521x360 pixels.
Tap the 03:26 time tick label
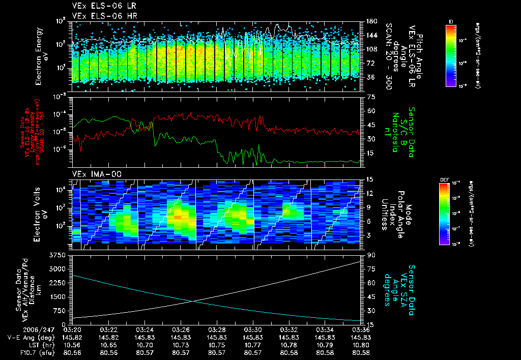[x=182, y=329]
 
